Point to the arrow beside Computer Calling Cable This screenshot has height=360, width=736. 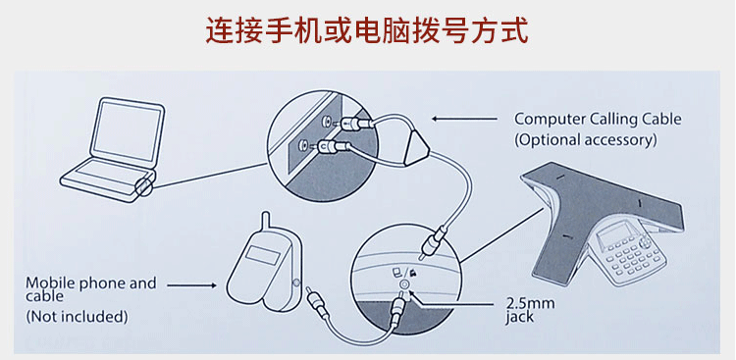tap(464, 119)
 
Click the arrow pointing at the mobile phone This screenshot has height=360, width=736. tap(191, 284)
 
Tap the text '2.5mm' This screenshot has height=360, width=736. tap(530, 304)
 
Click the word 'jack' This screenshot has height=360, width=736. tap(519, 317)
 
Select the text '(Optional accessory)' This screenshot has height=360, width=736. tap(585, 140)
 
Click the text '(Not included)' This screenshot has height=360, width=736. tap(77, 317)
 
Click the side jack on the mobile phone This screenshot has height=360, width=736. tap(296, 283)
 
